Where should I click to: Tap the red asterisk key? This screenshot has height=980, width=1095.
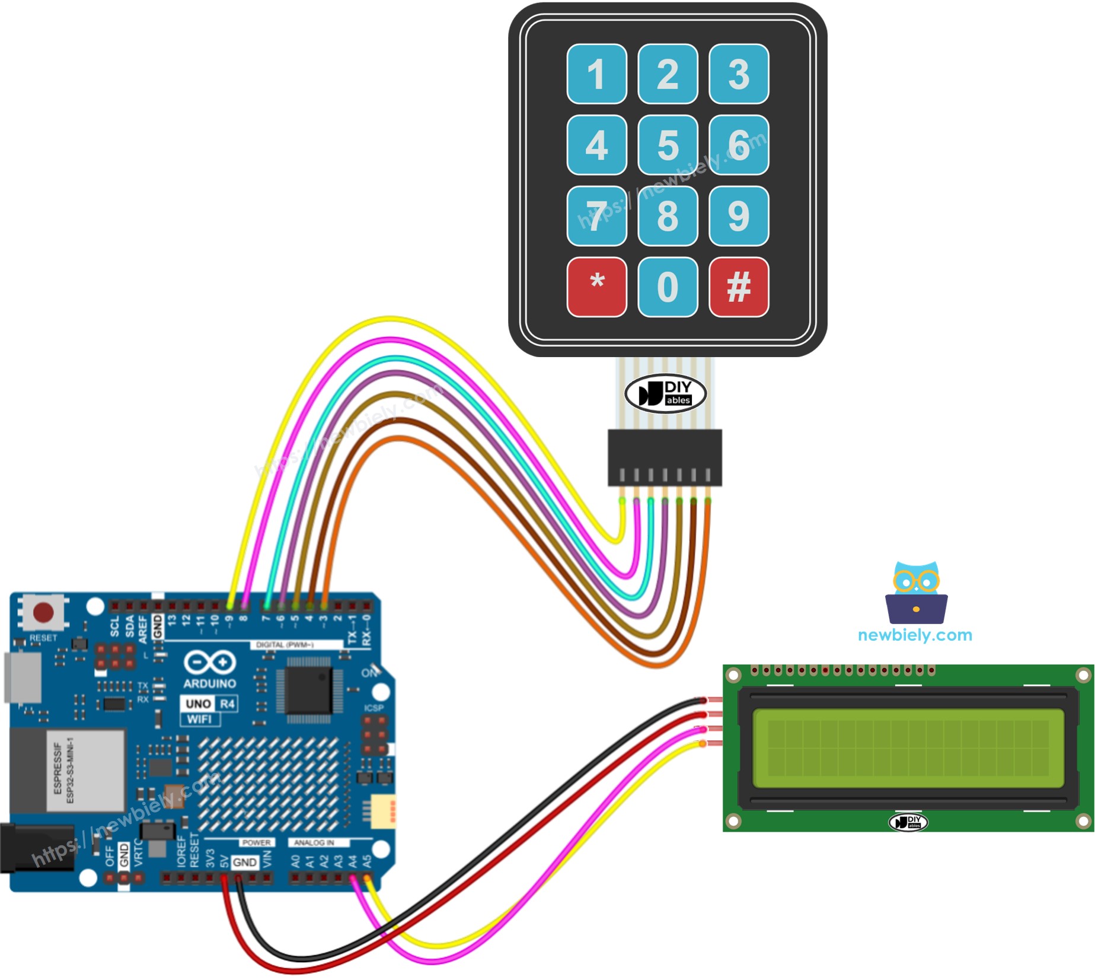tap(596, 287)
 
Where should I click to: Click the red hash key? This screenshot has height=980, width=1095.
tap(738, 287)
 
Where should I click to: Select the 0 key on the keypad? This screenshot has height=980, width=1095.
tap(668, 287)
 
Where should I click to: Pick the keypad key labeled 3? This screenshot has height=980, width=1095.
tap(738, 74)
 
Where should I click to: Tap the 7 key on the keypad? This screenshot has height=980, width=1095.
tap(596, 216)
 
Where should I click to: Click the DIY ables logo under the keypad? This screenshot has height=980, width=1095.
tap(665, 393)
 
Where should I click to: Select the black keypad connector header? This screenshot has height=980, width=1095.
tap(665, 457)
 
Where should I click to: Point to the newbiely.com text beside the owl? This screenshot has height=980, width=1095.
tap(914, 635)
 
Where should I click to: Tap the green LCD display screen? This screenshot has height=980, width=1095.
tap(908, 748)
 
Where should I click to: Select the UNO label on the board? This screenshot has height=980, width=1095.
tap(198, 704)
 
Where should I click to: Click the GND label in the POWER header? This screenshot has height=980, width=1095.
tap(245, 862)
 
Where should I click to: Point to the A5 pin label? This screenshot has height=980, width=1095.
tap(367, 861)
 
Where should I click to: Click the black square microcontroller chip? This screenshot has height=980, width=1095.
tap(308, 691)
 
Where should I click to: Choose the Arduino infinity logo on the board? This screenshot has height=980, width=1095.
tap(209, 663)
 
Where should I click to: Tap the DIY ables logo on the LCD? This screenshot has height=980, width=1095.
tap(908, 822)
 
